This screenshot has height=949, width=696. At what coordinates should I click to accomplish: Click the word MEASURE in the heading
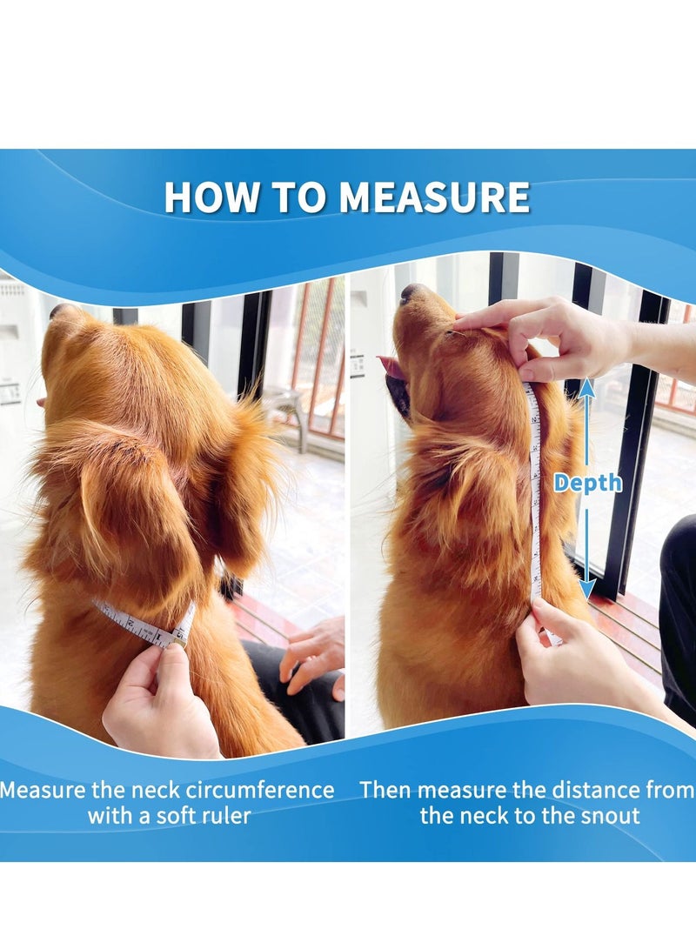tap(434, 197)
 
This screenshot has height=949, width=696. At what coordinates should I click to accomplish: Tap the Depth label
tap(587, 483)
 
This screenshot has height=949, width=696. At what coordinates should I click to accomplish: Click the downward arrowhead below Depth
tap(586, 588)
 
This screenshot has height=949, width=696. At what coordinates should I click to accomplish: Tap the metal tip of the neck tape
tap(180, 636)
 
